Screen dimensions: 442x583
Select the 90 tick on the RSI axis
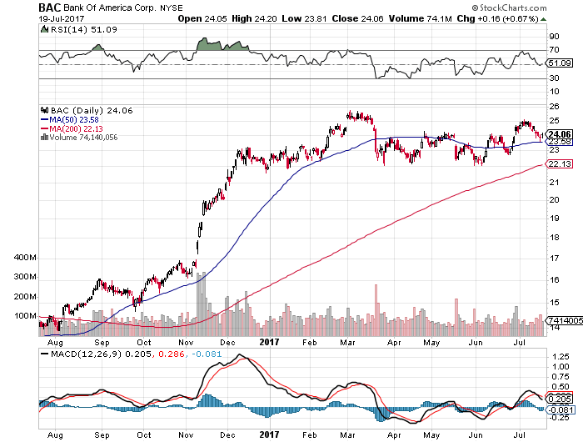(x=551, y=37)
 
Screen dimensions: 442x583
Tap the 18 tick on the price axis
(x=551, y=237)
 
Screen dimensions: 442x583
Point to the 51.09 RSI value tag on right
(x=557, y=63)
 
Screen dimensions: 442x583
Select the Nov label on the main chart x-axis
(x=185, y=342)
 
